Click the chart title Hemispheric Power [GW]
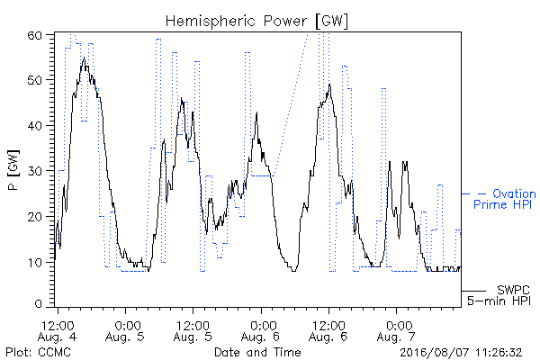click(256, 22)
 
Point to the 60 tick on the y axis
click(34, 35)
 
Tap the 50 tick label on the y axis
click(34, 80)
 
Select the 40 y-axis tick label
click(34, 126)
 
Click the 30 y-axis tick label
click(34, 171)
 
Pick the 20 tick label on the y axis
click(34, 217)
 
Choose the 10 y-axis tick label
click(34, 263)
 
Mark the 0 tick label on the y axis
click(38, 304)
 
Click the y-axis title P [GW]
click(13, 169)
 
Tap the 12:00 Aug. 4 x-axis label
click(58, 331)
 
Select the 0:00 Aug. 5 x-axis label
click(125, 331)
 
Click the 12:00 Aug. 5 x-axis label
click(193, 331)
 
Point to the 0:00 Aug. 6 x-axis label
click(261, 331)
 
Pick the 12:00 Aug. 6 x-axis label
click(328, 331)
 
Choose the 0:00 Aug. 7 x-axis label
click(396, 331)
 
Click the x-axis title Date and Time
click(257, 352)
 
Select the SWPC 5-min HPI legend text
click(499, 295)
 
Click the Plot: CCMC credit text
click(38, 352)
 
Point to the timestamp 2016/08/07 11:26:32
click(461, 353)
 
